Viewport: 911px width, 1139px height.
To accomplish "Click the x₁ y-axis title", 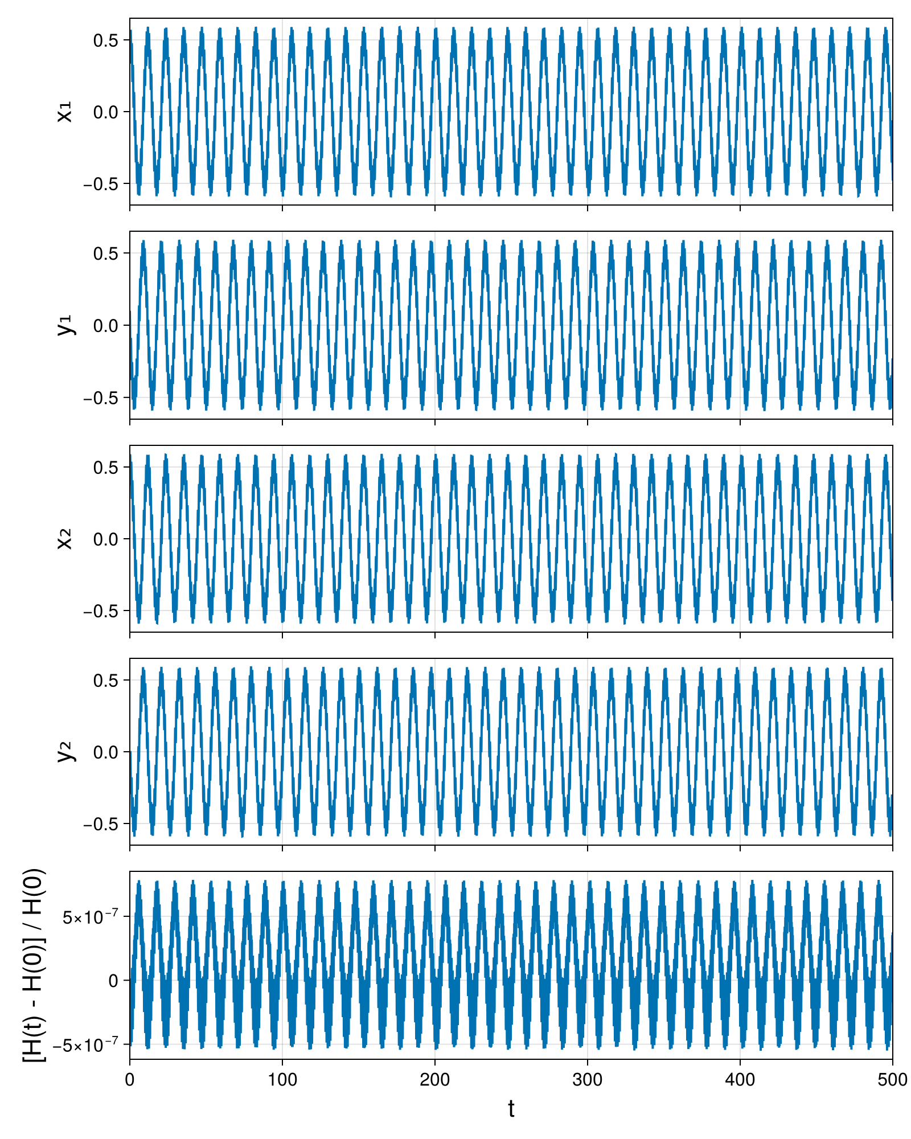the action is pyautogui.click(x=65, y=112).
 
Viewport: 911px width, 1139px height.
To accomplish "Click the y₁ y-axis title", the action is pyautogui.click(x=65, y=325).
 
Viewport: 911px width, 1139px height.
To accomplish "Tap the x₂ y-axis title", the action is pyautogui.click(x=65, y=539).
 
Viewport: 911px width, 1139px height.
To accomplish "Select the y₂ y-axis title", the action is pyautogui.click(x=65, y=752).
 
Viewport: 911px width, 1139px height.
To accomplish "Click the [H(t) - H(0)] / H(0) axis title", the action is pyautogui.click(x=35, y=965).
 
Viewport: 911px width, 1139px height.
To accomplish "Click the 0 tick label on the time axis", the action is pyautogui.click(x=130, y=1080).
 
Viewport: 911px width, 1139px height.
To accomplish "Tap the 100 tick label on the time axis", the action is pyautogui.click(x=282, y=1080).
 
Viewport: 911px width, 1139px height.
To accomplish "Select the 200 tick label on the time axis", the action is pyautogui.click(x=435, y=1080).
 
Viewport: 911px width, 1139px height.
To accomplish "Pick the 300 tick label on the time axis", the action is pyautogui.click(x=588, y=1080).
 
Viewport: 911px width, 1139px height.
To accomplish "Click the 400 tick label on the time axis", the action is pyautogui.click(x=740, y=1080).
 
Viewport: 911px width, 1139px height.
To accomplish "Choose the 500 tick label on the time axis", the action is pyautogui.click(x=892, y=1080).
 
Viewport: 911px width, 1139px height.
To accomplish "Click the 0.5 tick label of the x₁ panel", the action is pyautogui.click(x=106, y=40).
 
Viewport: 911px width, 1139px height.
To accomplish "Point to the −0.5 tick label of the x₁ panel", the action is pyautogui.click(x=101, y=184).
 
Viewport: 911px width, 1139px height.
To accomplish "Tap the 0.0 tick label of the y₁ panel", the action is pyautogui.click(x=106, y=326).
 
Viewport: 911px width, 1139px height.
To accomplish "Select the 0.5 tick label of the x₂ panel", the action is pyautogui.click(x=106, y=468).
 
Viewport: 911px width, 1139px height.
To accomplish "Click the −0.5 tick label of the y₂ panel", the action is pyautogui.click(x=101, y=824).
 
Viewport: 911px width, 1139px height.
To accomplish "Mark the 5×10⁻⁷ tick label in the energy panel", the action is pyautogui.click(x=91, y=916).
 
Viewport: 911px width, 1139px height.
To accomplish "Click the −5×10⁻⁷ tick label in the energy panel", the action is pyautogui.click(x=86, y=1044).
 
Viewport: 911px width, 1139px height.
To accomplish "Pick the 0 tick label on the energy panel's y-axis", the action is pyautogui.click(x=113, y=981).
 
